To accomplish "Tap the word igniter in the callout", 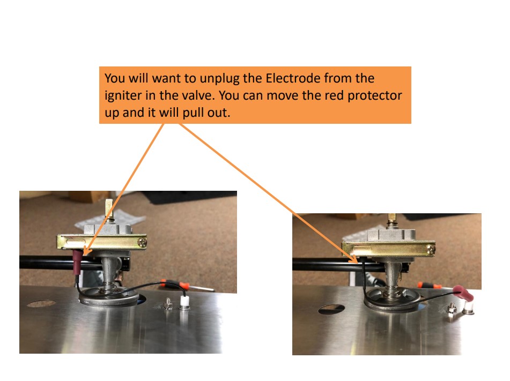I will coord(121,97).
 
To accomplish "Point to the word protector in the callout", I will coord(376,97).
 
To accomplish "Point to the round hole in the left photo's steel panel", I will coord(41,304).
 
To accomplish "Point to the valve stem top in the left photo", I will coord(109,205).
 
